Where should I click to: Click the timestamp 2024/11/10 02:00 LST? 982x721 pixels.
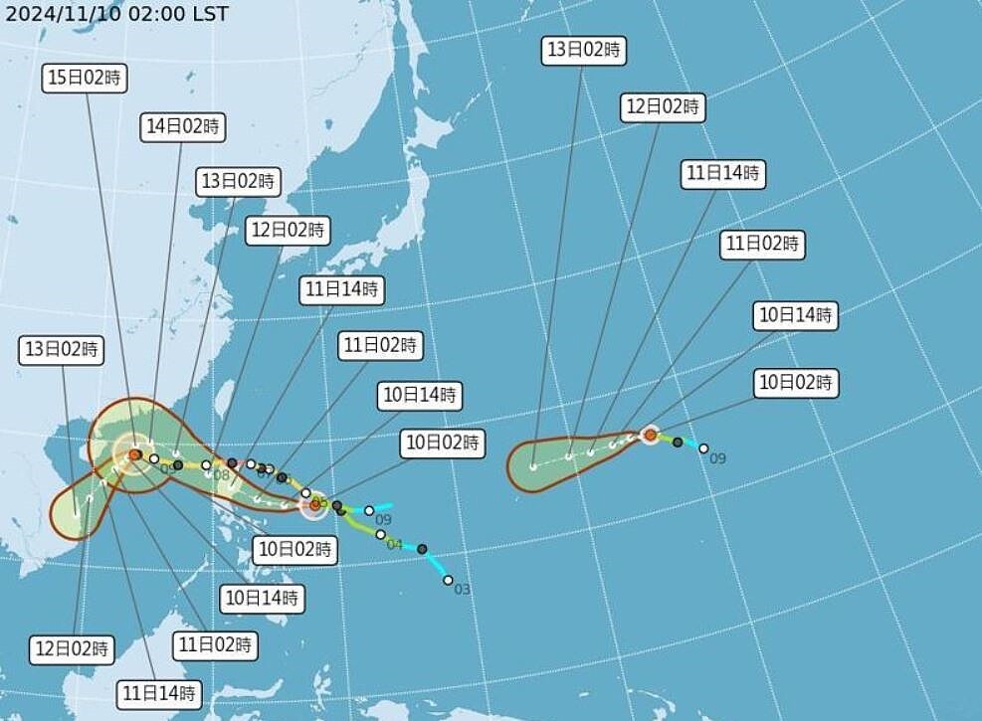pos(116,14)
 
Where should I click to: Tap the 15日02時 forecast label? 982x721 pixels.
pos(86,79)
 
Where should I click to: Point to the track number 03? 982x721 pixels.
pos(462,590)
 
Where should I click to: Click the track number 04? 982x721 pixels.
pos(394,545)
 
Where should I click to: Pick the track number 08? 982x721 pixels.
pos(221,475)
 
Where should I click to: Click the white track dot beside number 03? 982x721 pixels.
pos(448,580)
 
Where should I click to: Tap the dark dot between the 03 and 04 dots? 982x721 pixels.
pos(422,549)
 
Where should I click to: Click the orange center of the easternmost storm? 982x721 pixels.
pos(650,434)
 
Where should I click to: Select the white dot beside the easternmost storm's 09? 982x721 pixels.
pos(703,449)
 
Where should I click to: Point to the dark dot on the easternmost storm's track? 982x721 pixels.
pos(678,442)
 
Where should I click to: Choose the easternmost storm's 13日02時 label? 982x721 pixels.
pos(584,50)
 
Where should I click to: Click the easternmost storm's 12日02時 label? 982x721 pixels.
pos(662,106)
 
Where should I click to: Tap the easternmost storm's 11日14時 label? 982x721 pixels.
pos(723,174)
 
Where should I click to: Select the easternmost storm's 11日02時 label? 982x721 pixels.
pos(763,244)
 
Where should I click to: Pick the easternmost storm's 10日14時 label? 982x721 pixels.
pos(796,315)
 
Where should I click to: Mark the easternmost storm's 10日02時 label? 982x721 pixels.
pos(796,382)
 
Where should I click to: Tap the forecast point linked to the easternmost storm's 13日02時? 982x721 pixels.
pos(534,465)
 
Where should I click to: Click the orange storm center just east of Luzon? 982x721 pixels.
pos(314,504)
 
